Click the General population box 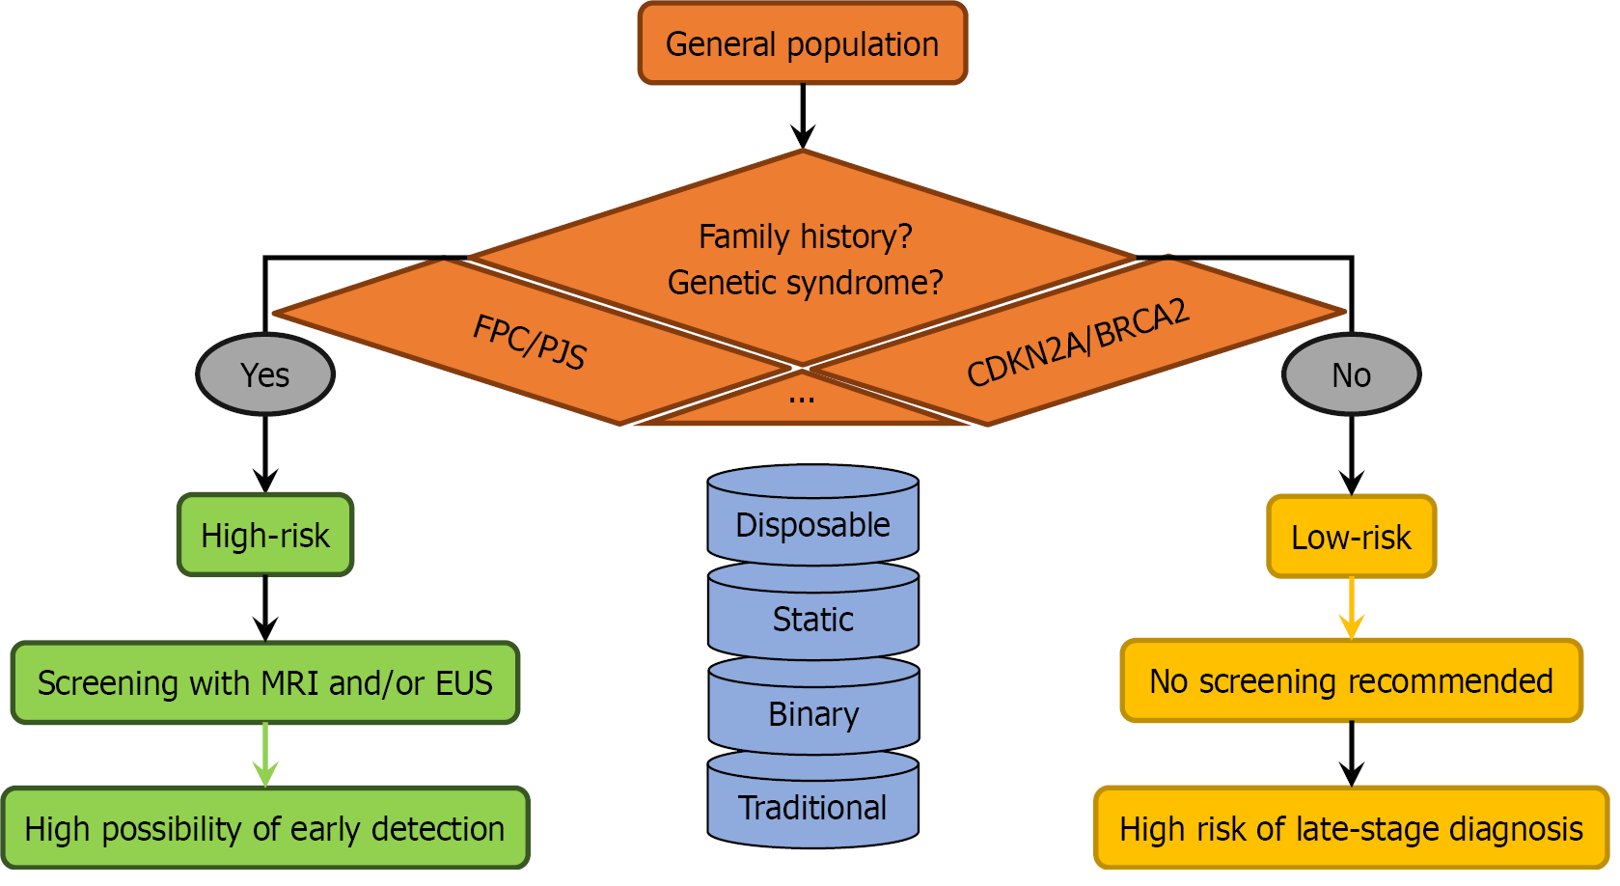[802, 44]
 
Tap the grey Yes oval [265, 374]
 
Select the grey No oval [1351, 374]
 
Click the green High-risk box [265, 536]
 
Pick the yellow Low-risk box [1351, 538]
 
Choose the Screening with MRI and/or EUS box [265, 683]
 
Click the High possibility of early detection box [265, 829]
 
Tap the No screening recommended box [1351, 681]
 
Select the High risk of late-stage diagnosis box [1351, 829]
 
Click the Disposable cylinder [812, 525]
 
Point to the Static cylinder [812, 620]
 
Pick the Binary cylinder [812, 714]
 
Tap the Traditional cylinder [812, 808]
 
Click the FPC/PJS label [529, 342]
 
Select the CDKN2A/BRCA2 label [1078, 343]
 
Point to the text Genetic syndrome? [805, 283]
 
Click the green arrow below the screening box [265, 755]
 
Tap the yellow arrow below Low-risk [1351, 608]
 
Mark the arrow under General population [802, 116]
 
